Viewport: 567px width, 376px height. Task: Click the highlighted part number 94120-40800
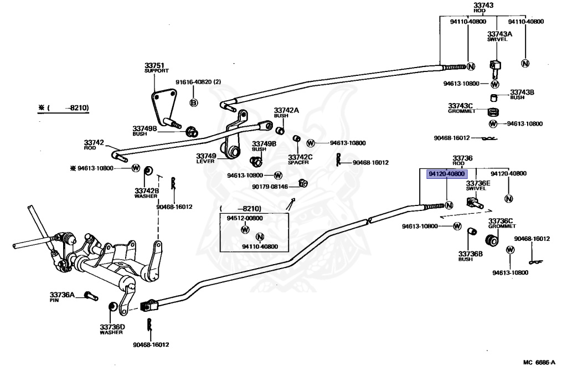click(447, 174)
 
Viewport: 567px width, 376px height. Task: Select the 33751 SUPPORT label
click(156, 68)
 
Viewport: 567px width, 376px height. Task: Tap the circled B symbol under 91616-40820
click(194, 102)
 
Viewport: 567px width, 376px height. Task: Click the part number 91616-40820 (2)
click(198, 82)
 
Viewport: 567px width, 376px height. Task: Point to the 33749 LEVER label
click(206, 158)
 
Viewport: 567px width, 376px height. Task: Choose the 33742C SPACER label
click(300, 159)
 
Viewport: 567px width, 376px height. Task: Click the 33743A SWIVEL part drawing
click(496, 69)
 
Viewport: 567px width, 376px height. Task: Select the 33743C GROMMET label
click(461, 108)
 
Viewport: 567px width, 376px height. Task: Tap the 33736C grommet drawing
click(492, 240)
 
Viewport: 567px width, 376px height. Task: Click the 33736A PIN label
click(62, 297)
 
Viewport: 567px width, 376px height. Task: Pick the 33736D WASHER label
click(112, 329)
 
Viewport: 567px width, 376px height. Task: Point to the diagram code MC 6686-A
click(539, 362)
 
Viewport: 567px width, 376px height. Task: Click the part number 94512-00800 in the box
click(245, 218)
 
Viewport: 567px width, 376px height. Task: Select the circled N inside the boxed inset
click(260, 237)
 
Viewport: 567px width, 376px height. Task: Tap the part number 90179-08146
click(270, 187)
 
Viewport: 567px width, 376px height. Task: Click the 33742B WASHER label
click(146, 193)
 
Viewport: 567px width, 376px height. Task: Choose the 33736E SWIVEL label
click(478, 186)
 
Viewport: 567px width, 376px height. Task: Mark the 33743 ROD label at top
click(483, 8)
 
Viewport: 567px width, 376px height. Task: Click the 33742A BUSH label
click(286, 113)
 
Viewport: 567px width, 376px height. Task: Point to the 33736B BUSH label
click(471, 256)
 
